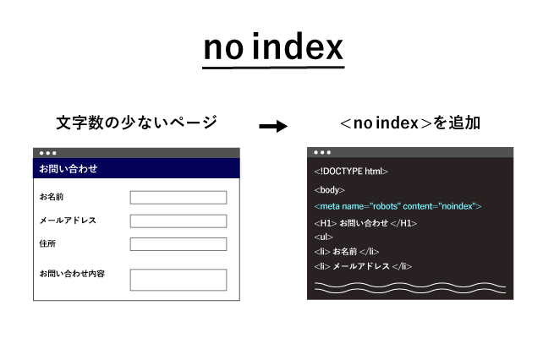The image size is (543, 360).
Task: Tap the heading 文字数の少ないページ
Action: point(136,123)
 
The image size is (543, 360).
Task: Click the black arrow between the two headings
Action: point(272,126)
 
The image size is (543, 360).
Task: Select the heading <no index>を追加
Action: point(409,123)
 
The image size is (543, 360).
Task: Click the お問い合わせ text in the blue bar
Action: point(69,169)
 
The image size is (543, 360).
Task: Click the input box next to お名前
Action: point(178,198)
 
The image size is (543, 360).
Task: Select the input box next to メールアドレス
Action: point(178,221)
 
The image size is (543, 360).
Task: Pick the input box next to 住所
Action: point(178,244)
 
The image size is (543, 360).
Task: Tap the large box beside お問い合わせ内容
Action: point(178,280)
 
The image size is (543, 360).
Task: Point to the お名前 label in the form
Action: point(52,197)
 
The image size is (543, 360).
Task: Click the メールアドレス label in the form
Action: point(68,221)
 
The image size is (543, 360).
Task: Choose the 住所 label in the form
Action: point(47,243)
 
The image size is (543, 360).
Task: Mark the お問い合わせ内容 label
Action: point(72,274)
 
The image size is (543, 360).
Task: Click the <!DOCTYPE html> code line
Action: point(351,172)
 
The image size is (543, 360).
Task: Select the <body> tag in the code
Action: point(329,190)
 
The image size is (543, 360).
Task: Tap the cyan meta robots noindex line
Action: point(397,206)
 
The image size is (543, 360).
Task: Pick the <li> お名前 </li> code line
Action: point(346,252)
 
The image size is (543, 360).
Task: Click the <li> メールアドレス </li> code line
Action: point(362,266)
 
